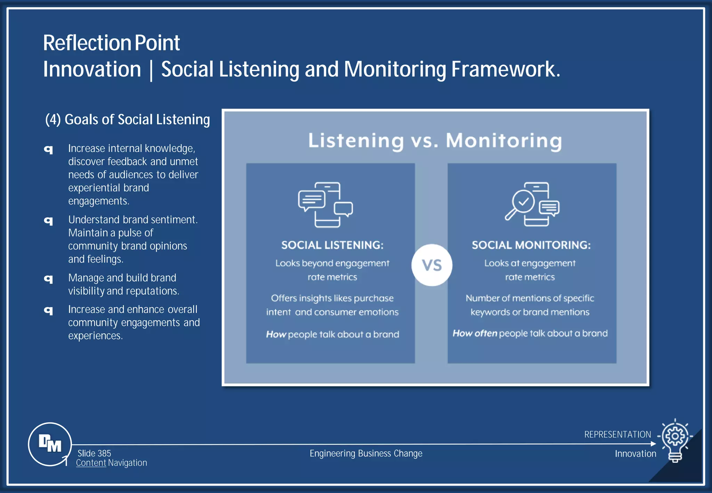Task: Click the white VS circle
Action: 432,265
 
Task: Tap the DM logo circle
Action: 50,444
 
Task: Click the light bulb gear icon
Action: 675,439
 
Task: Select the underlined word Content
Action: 91,463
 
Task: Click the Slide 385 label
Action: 94,453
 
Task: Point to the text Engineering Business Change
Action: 366,453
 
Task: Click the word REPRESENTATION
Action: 617,435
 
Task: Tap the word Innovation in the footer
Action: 635,454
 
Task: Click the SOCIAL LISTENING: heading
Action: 332,245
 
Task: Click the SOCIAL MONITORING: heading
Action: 531,245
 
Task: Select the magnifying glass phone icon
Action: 532,204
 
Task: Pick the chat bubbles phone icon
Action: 325,204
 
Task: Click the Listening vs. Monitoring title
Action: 435,141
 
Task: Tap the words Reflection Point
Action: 111,43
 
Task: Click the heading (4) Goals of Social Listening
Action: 128,120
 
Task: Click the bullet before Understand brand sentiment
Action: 49,220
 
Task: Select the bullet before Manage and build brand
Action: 49,278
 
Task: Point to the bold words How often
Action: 475,333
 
